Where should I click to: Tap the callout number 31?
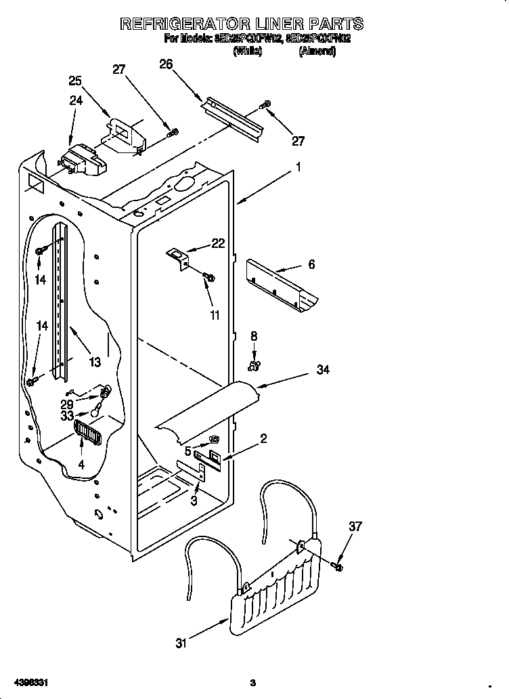(x=181, y=644)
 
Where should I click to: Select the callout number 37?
(x=355, y=526)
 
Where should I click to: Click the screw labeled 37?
(x=338, y=564)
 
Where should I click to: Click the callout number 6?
(x=311, y=264)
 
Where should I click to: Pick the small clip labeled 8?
(x=253, y=366)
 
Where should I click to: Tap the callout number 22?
(x=217, y=244)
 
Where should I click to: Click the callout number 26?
(x=166, y=64)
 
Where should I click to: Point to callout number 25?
(x=75, y=81)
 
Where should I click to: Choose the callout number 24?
(x=75, y=100)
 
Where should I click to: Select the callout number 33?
(x=66, y=415)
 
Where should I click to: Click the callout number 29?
(x=66, y=403)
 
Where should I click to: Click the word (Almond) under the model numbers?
(x=317, y=51)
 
